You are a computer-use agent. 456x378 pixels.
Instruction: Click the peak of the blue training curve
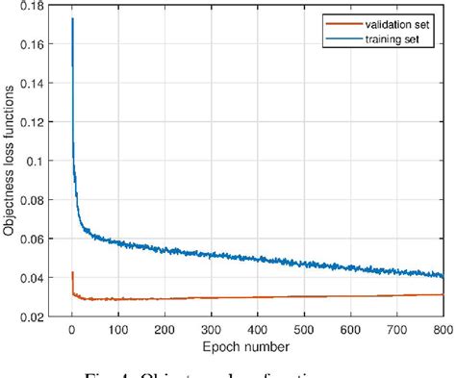(x=73, y=18)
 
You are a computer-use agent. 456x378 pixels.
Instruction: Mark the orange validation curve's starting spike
(x=73, y=273)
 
